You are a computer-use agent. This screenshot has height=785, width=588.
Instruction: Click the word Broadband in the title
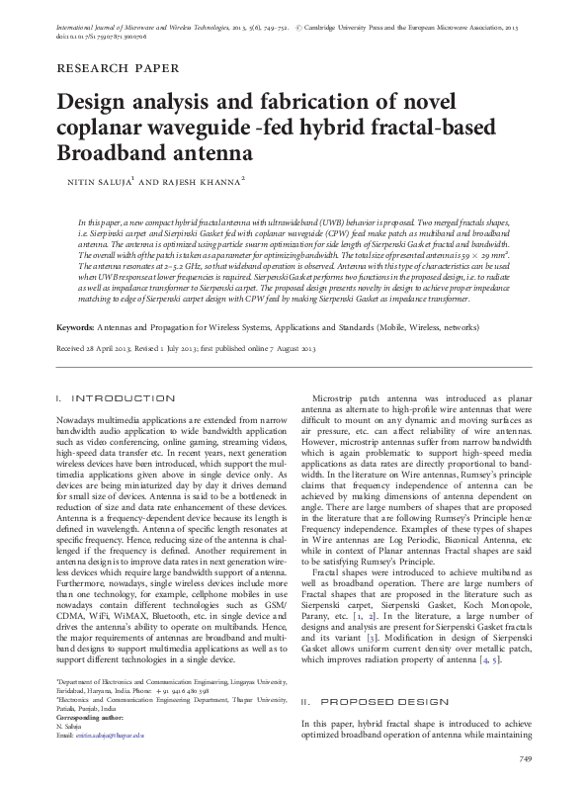(x=106, y=154)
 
